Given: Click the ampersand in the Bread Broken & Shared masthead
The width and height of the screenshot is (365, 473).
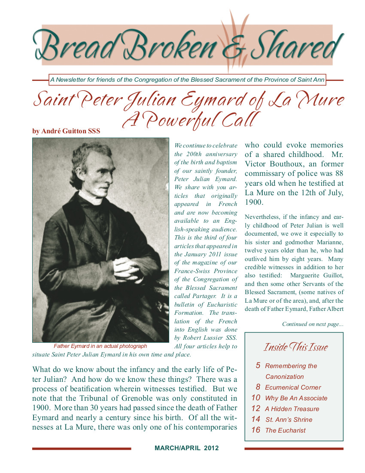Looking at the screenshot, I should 232,48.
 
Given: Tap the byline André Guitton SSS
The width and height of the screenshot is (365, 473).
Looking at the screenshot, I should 66,131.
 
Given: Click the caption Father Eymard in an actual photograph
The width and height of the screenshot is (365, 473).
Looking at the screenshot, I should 100,346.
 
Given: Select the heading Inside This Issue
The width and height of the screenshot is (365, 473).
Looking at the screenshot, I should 295,347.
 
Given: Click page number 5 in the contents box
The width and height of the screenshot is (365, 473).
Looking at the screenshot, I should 258,365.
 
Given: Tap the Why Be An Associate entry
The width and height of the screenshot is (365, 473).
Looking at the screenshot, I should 296,398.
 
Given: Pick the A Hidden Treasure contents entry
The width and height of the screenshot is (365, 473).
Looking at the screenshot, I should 292,408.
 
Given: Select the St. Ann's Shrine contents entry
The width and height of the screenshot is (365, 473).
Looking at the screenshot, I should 289,419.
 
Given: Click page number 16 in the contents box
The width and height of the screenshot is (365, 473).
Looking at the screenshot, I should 256,430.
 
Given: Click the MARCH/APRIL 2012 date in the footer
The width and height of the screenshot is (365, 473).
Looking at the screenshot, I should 186,448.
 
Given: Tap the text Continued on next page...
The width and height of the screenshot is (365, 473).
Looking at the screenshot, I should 313,324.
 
